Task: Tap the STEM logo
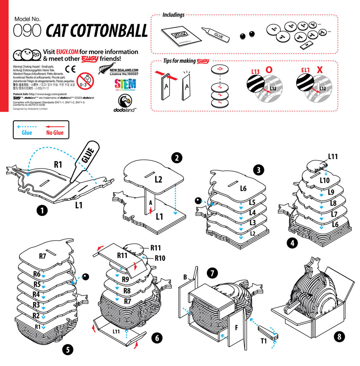[x=125, y=85]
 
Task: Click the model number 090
[x=27, y=31]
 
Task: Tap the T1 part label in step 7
[x=264, y=340]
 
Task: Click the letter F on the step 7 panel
[x=237, y=328]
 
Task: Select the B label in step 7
[x=185, y=277]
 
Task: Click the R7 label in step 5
[x=42, y=256]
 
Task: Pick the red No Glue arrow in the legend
[x=55, y=127]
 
